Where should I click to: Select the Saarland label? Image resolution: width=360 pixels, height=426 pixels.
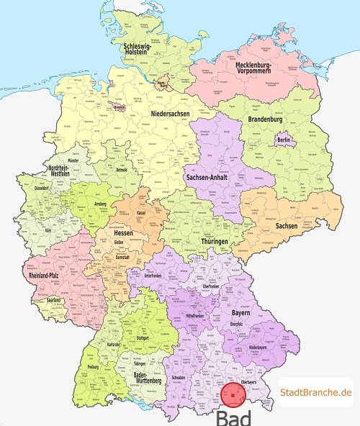[x=53, y=299]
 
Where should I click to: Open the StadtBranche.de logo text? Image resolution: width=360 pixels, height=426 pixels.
[x=316, y=392]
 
